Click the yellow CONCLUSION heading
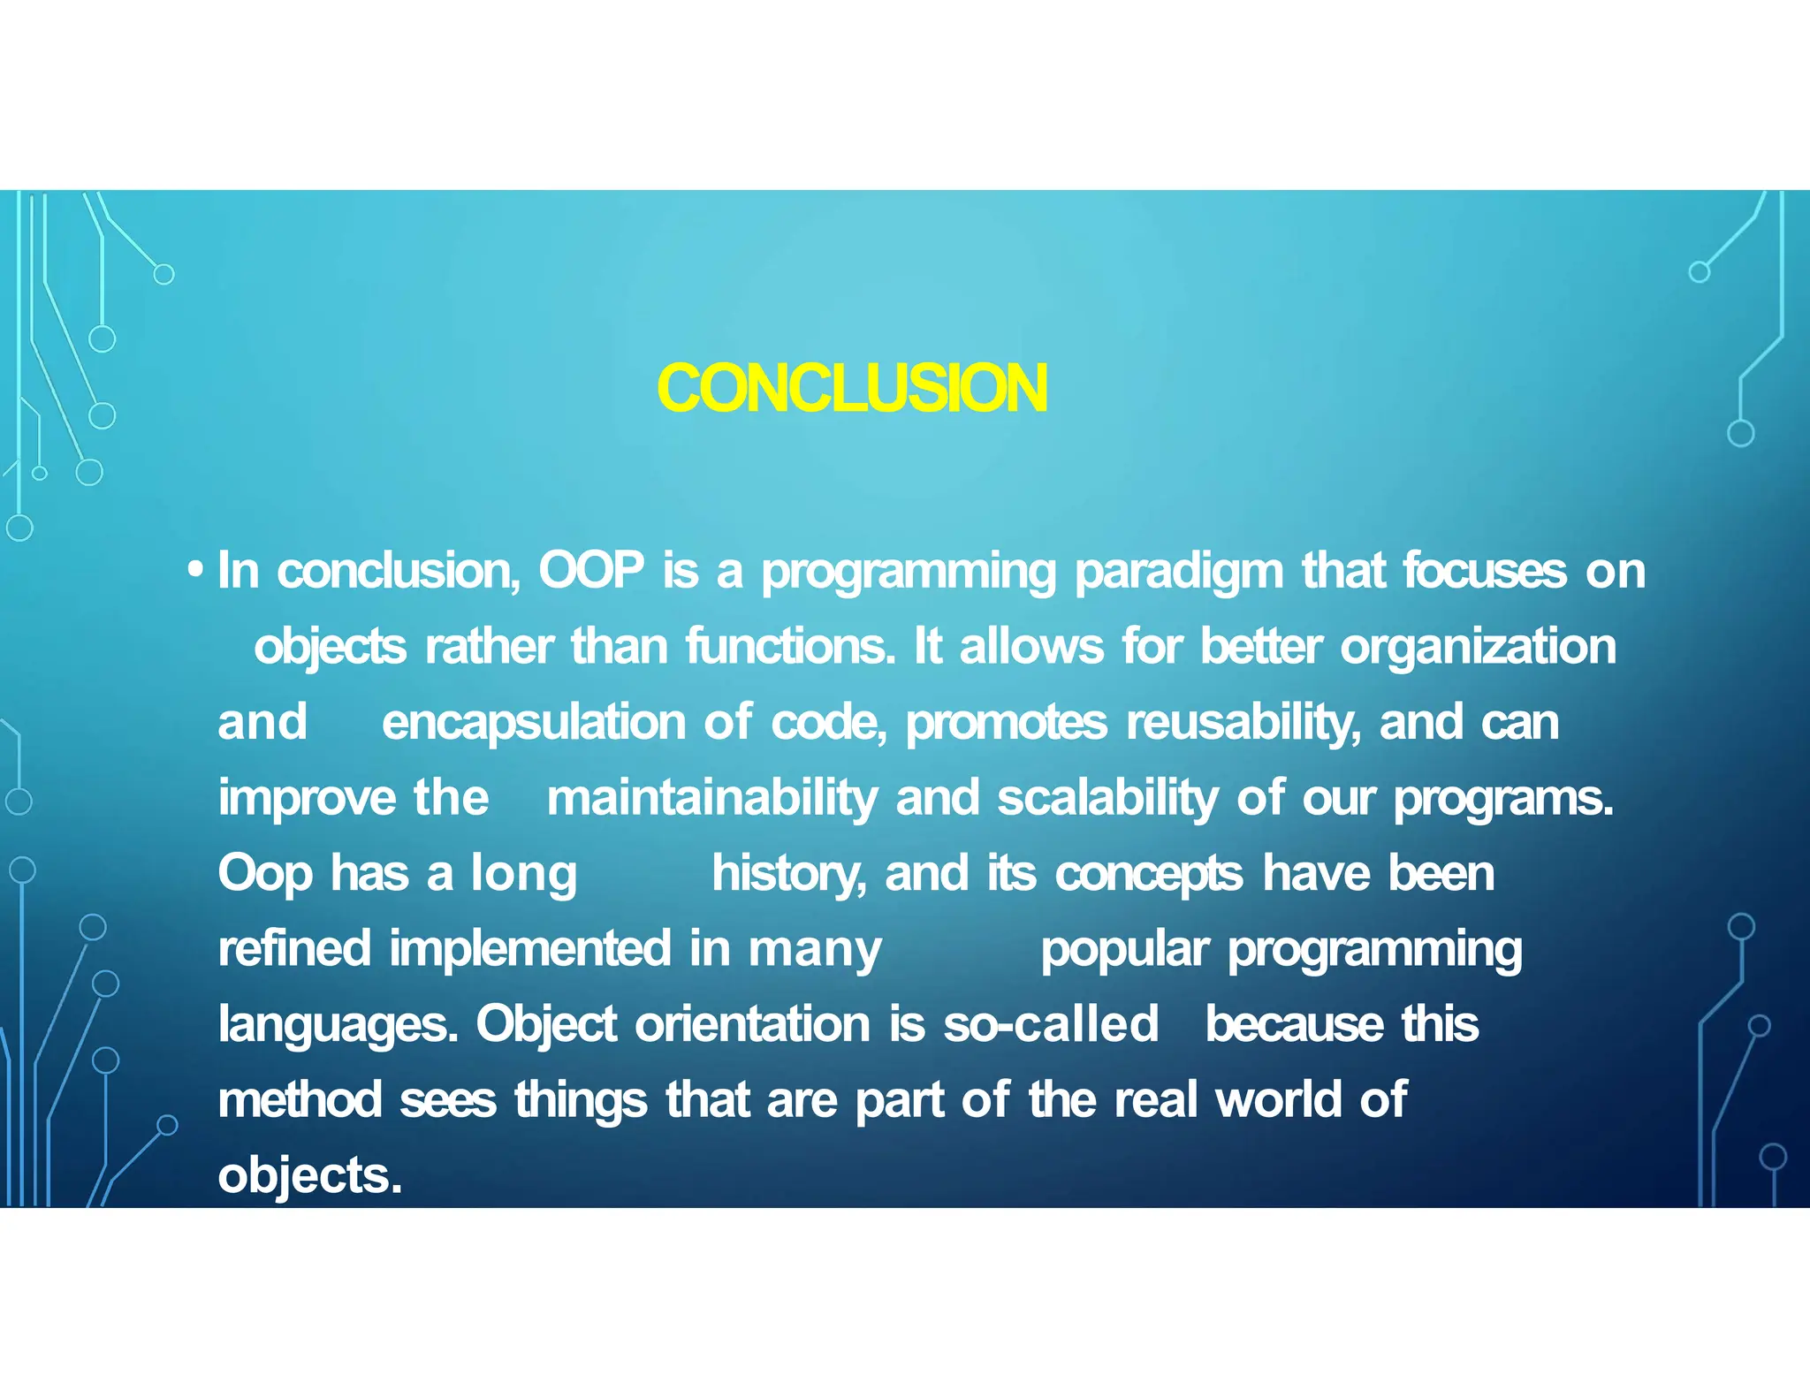[852, 389]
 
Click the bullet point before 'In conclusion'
[196, 570]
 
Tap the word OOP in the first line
[591, 570]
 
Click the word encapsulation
[533, 723]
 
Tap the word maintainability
[711, 799]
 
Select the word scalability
[1107, 799]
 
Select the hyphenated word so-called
[1050, 1024]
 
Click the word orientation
[752, 1024]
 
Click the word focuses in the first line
[1485, 570]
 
